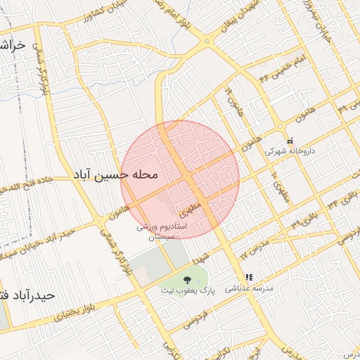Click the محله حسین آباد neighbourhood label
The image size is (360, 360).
(x=115, y=174)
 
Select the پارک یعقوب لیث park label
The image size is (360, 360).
(x=186, y=290)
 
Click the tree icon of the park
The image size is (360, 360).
(x=186, y=280)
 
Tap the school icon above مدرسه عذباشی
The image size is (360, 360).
(x=249, y=278)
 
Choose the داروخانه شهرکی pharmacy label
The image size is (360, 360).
(x=290, y=150)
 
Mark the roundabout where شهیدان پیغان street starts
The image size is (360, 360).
(x=208, y=40)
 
